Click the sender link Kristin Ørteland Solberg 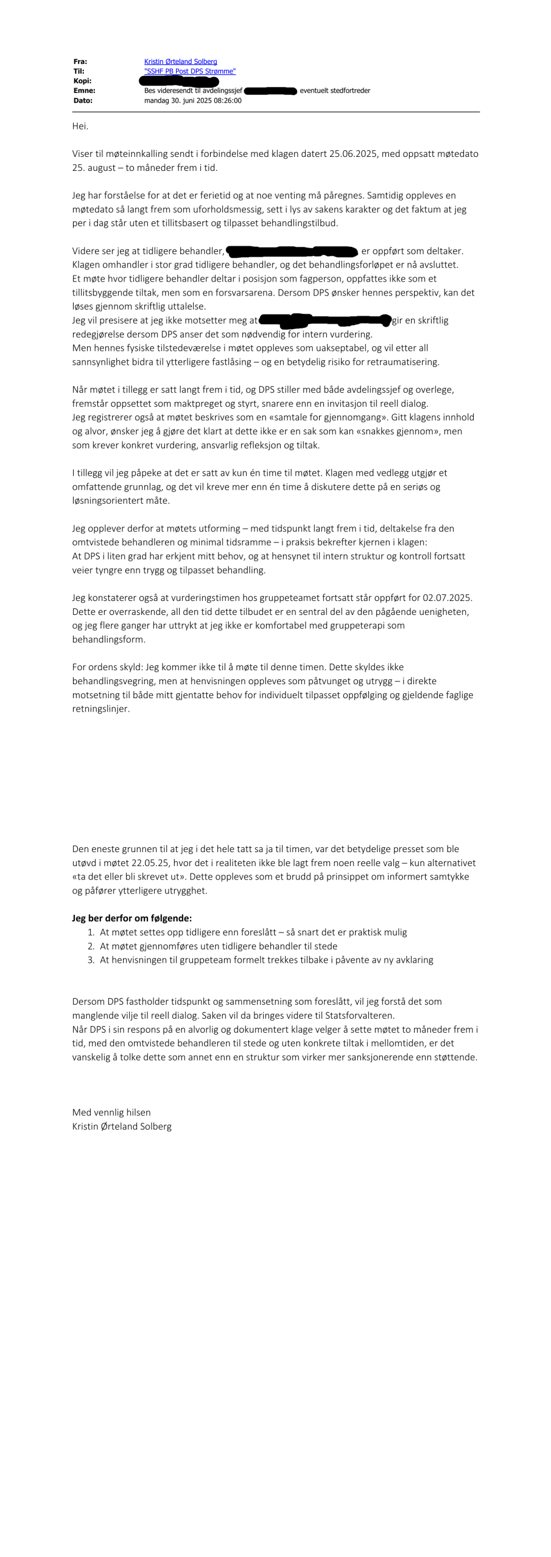[180, 61]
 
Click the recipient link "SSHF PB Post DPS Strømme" [189, 71]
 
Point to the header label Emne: [84, 91]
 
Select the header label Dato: [83, 100]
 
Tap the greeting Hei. [80, 126]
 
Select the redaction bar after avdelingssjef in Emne [270, 91]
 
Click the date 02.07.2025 [447, 598]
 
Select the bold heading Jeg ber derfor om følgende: [132, 918]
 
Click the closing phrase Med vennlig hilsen [111, 1112]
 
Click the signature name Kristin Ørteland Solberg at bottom [122, 1126]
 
